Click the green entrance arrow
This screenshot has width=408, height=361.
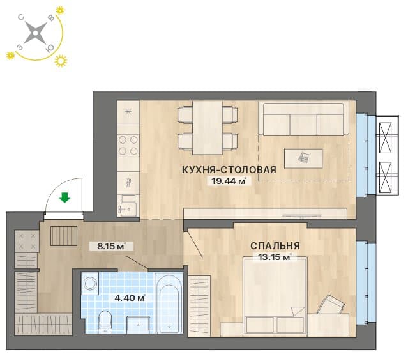[x=64, y=197]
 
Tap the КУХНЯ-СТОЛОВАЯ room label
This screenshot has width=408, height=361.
[x=229, y=169]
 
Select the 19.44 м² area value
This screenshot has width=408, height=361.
[x=229, y=181]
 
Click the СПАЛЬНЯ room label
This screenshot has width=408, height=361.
[x=275, y=245]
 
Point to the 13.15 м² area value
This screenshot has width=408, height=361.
[x=275, y=257]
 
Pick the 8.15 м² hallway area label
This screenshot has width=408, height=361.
[x=111, y=246]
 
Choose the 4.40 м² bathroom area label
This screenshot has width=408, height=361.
[x=130, y=298]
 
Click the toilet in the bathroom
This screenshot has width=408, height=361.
[x=105, y=322]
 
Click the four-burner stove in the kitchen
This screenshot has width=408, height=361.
[x=128, y=145]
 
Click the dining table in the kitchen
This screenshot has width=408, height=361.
[x=208, y=128]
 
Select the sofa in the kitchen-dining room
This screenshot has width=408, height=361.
[x=303, y=119]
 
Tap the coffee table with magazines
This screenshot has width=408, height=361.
[x=303, y=158]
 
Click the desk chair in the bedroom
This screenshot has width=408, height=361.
[x=331, y=305]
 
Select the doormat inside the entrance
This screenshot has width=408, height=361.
[x=63, y=236]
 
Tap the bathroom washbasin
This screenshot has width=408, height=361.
[x=138, y=325]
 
